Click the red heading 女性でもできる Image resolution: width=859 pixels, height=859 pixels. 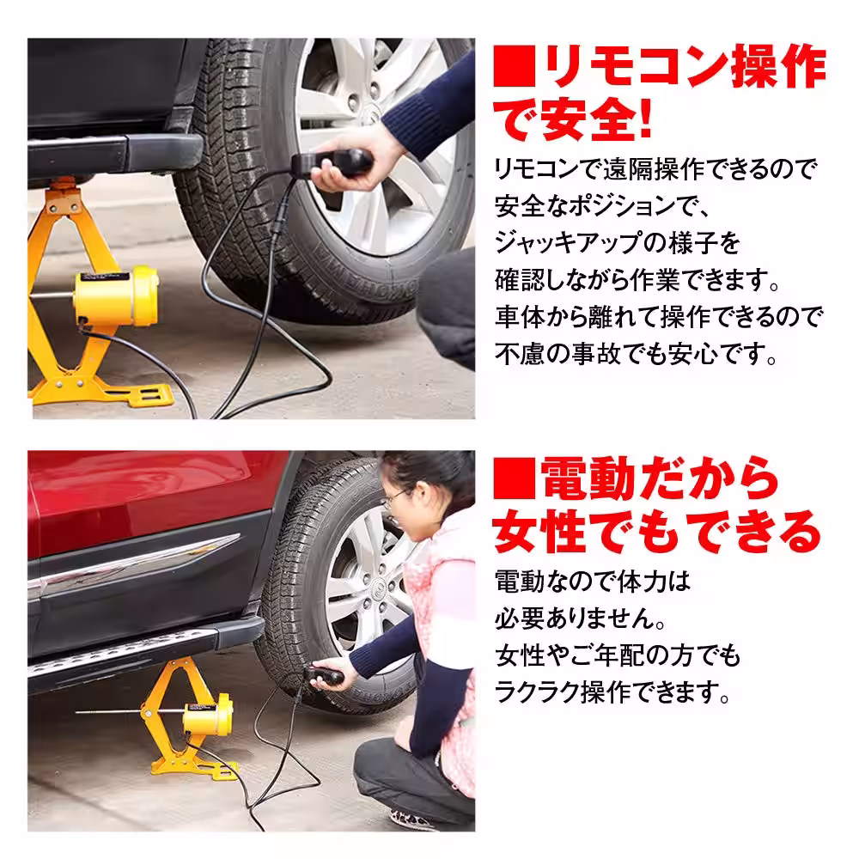tap(657, 533)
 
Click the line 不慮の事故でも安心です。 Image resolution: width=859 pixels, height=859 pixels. tap(636, 354)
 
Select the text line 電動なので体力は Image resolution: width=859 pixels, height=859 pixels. tap(593, 582)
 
